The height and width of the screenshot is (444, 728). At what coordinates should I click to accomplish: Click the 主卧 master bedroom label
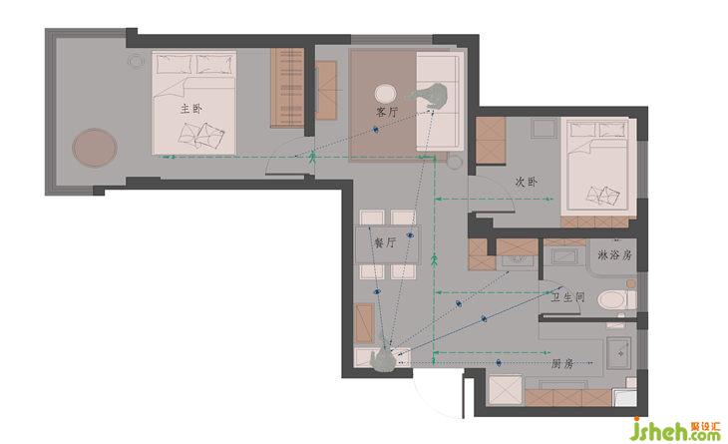coord(191,109)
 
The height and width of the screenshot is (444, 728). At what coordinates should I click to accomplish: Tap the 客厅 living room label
coord(387,112)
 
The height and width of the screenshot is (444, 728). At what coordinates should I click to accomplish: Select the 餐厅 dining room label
coord(385,242)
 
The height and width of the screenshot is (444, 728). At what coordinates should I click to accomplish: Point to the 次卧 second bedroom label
coord(527,182)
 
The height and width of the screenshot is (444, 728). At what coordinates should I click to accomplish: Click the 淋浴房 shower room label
coord(614,255)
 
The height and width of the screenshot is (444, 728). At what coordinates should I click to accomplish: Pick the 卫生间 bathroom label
coord(567,297)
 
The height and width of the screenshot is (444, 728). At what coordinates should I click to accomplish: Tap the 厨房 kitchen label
coord(562,363)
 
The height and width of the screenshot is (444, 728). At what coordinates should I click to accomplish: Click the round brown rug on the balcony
coord(95,148)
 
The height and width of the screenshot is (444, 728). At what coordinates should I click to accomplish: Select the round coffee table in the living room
coord(385,94)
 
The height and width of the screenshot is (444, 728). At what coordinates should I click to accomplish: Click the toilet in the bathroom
coord(616,300)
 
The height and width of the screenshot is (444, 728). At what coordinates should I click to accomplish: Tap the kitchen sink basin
coord(619,353)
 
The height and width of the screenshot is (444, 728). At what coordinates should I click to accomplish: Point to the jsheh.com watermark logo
coord(676,430)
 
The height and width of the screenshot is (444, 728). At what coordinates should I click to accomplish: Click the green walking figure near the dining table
coord(435,260)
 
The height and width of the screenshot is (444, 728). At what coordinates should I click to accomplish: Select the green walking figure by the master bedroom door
coord(312,158)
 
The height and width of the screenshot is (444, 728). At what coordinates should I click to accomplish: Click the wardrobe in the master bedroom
coord(287,88)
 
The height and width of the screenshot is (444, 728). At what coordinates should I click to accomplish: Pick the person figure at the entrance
coord(384,356)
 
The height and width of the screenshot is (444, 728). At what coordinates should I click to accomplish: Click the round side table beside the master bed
coord(137,61)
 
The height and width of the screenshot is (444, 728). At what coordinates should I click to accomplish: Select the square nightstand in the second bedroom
coord(545,128)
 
